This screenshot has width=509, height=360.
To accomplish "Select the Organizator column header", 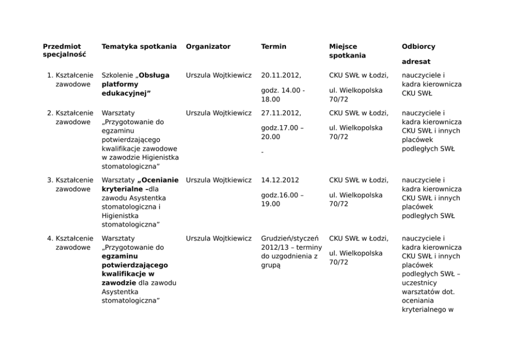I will coord(208,47).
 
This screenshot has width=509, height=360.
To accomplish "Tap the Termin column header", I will coord(273,47).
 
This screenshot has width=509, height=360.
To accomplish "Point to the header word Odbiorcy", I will coord(418,47).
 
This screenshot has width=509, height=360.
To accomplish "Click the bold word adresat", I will coord(416,62).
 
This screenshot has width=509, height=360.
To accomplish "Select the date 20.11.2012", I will coord(281,75).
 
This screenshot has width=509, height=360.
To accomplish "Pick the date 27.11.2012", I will coord(281,113).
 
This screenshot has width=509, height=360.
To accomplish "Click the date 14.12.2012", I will coord(280,180).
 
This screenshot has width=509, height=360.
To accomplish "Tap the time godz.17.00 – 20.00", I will coord(282,132).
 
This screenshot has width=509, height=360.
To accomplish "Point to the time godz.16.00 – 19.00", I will coord(282,199).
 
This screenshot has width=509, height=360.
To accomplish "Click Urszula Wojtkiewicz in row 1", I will coord(219,75).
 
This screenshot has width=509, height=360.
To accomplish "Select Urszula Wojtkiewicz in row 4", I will coord(219,238).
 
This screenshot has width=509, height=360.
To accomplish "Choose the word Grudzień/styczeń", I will coord(290,238).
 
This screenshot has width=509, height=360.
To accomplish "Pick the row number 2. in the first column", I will coord(50,113).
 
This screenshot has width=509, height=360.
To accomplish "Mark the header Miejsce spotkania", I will coord(347,51).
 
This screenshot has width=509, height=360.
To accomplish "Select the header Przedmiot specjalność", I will coord(64,50).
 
